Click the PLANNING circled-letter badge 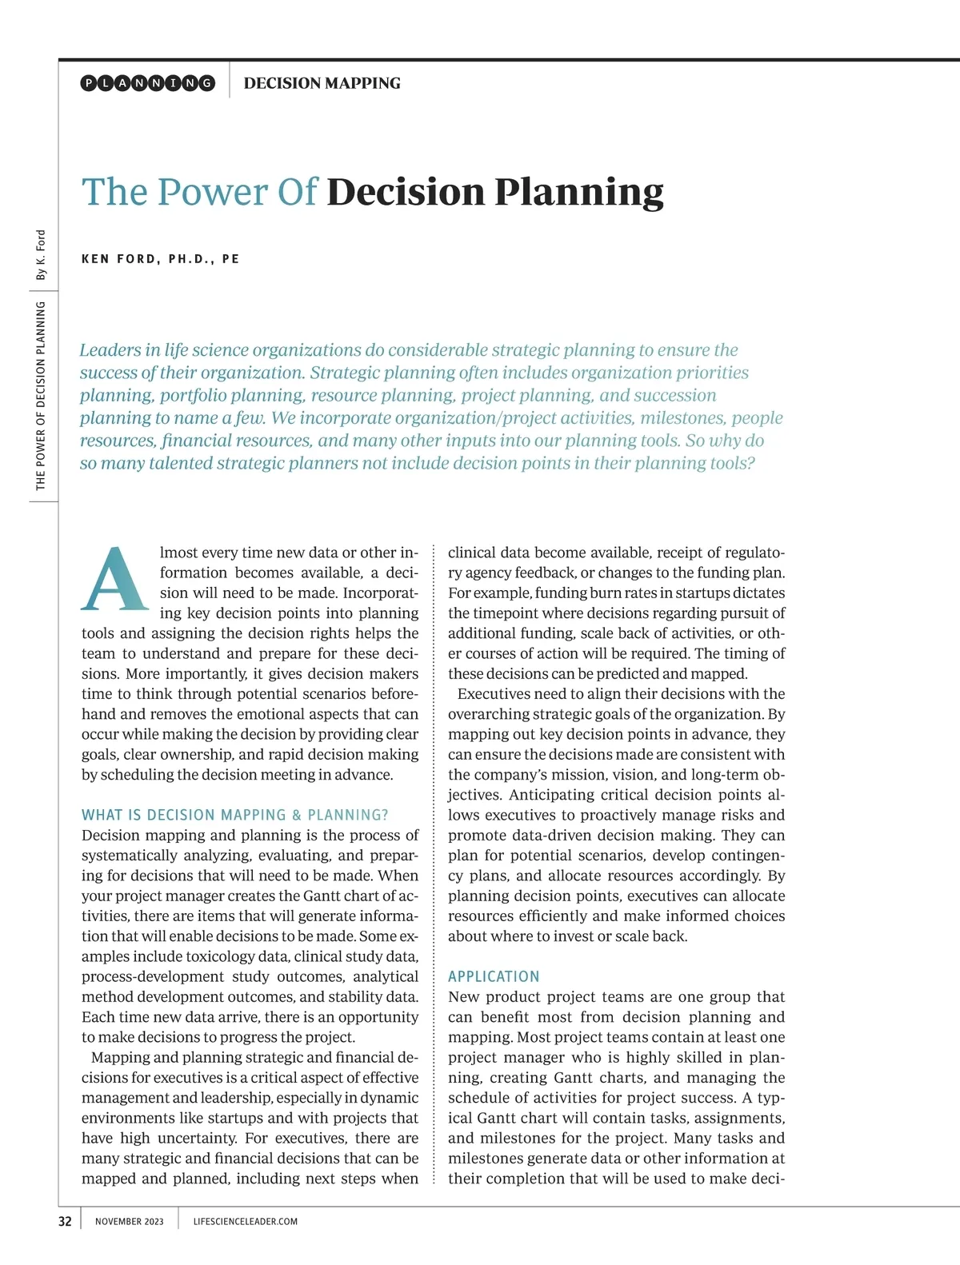pyautogui.click(x=148, y=83)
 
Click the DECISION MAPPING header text pyautogui.click(x=322, y=83)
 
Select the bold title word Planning pyautogui.click(x=578, y=193)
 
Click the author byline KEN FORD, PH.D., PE pyautogui.click(x=160, y=259)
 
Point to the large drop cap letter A pyautogui.click(x=115, y=580)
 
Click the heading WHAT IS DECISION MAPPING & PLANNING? pyautogui.click(x=234, y=815)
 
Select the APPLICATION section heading pyautogui.click(x=494, y=976)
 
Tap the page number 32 pyautogui.click(x=65, y=1221)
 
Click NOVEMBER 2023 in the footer pyautogui.click(x=129, y=1222)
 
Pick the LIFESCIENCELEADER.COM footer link pyautogui.click(x=245, y=1222)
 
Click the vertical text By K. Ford pyautogui.click(x=41, y=255)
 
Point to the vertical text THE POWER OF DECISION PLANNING pyautogui.click(x=41, y=396)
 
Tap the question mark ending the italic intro pyautogui.click(x=750, y=464)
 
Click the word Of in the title pyautogui.click(x=297, y=193)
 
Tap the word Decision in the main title pyautogui.click(x=406, y=193)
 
